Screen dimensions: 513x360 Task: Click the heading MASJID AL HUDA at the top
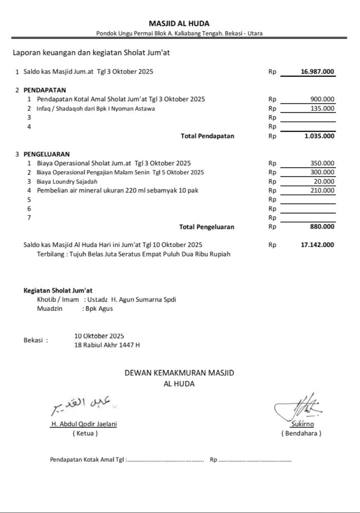pos(179,24)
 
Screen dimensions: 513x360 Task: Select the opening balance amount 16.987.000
pos(317,72)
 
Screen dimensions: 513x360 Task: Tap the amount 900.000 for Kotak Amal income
pos(322,99)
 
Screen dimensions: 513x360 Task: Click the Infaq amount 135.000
pos(322,108)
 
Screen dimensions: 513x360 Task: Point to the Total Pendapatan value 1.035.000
pos(319,136)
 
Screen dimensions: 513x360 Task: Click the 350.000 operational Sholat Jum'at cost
pos(322,163)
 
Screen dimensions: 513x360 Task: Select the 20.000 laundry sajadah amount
pos(324,181)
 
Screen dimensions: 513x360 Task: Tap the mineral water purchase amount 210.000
pos(322,190)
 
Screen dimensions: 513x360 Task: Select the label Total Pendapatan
pos(207,136)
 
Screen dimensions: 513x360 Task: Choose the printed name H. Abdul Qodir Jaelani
pos(84,424)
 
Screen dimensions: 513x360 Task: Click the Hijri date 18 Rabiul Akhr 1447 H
pos(107,345)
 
